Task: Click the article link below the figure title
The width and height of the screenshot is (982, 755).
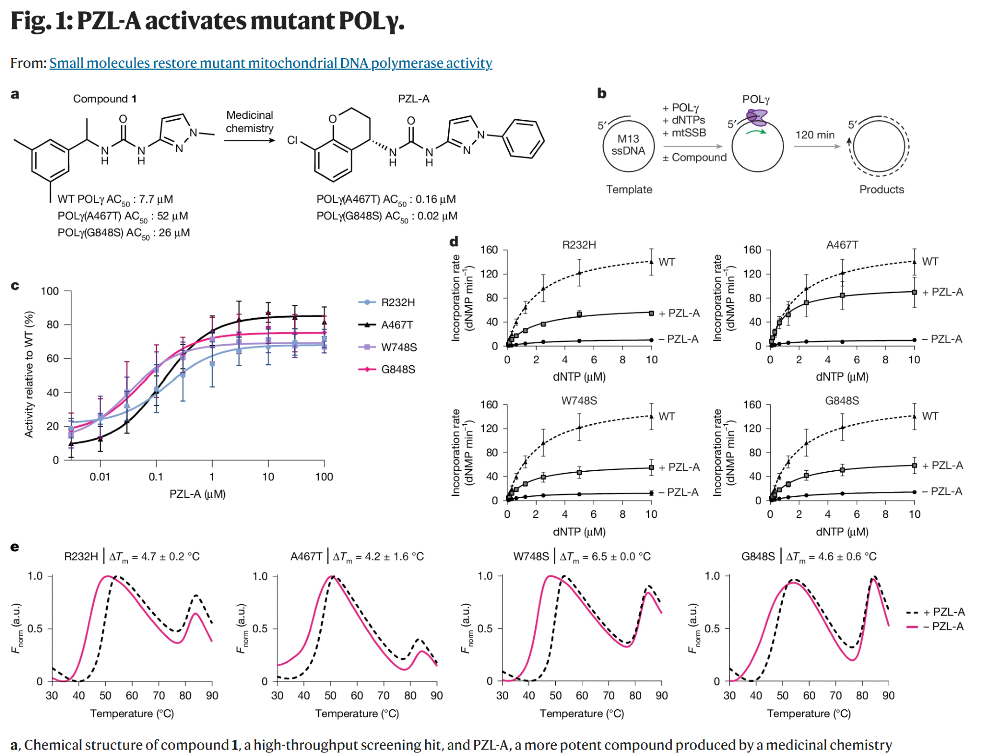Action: pyautogui.click(x=271, y=63)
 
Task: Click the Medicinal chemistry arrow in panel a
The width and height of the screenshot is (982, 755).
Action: pyautogui.click(x=250, y=141)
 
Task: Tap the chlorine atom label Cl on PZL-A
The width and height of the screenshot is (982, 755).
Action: pyautogui.click(x=293, y=140)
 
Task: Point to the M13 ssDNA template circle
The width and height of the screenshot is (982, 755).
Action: pyautogui.click(x=628, y=146)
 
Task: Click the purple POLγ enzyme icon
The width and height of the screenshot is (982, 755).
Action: pyautogui.click(x=757, y=117)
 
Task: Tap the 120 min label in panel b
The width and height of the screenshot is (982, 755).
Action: pyautogui.click(x=815, y=135)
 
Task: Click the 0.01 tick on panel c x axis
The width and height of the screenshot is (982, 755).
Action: pyautogui.click(x=100, y=477)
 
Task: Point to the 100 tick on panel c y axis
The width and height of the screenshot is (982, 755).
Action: pyautogui.click(x=50, y=291)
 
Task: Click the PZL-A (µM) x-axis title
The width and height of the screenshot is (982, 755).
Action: pyautogui.click(x=197, y=494)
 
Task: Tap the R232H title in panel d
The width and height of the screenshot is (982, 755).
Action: pyautogui.click(x=579, y=245)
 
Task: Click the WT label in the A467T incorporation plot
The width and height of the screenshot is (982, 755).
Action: pyautogui.click(x=930, y=262)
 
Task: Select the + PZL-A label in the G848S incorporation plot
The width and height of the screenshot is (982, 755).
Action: pyautogui.click(x=942, y=465)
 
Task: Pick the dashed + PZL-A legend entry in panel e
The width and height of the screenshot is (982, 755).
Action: pyautogui.click(x=935, y=612)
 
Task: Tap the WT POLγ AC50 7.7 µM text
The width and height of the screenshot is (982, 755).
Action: pyautogui.click(x=115, y=199)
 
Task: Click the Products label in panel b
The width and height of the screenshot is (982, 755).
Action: pyautogui.click(x=881, y=189)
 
